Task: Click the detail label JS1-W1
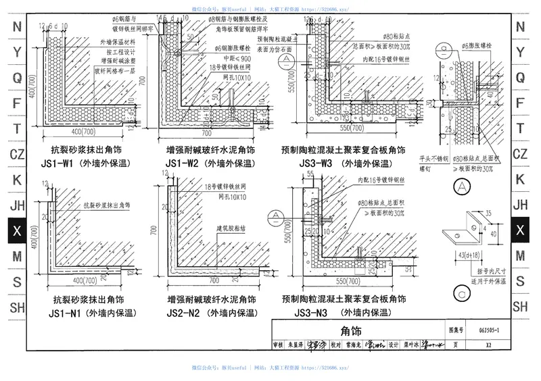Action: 66,163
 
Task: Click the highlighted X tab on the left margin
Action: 18,231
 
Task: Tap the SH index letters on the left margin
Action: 18,307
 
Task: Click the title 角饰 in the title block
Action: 352,331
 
